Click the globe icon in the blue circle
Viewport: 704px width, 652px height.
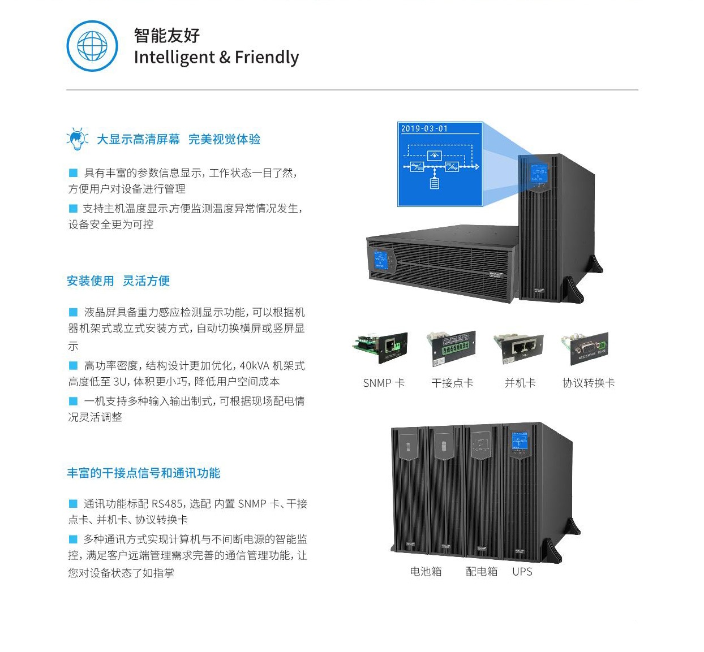point(92,46)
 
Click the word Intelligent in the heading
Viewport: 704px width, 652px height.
point(174,58)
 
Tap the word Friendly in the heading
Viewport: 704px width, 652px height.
point(267,58)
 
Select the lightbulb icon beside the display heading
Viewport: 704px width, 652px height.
point(78,139)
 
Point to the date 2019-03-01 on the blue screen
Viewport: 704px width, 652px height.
point(424,129)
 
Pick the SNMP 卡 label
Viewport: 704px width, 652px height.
point(384,383)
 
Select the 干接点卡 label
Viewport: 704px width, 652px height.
point(452,383)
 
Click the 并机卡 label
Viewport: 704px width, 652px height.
point(520,383)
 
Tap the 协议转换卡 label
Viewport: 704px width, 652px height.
point(589,383)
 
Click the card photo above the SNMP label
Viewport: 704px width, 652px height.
point(381,347)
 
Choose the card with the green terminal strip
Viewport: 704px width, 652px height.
point(452,347)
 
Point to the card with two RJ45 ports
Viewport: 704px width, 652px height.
point(519,347)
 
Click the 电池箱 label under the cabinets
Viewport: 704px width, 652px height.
point(426,572)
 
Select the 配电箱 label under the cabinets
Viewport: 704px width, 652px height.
point(482,572)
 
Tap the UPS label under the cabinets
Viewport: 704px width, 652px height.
point(522,572)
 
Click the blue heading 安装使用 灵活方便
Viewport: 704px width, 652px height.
point(118,281)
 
